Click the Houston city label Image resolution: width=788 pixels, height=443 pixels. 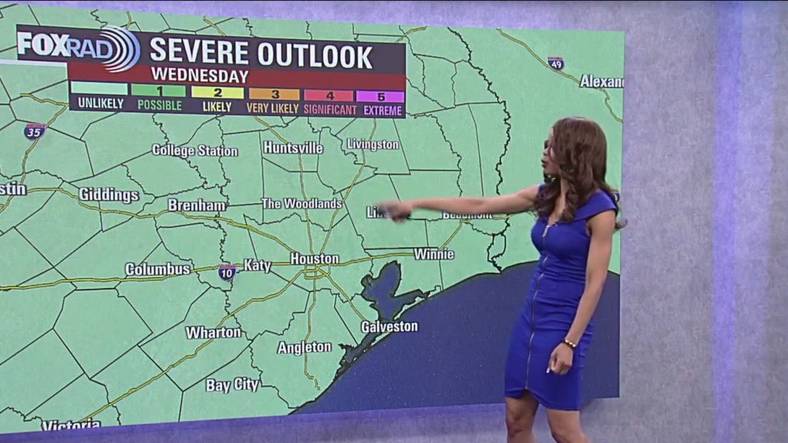314,258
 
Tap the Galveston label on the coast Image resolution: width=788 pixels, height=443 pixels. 389,326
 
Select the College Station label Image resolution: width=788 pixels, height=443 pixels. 195,151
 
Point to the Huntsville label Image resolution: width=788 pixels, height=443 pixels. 292,148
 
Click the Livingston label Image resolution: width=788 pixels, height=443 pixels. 373,144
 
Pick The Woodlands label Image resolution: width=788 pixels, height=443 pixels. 301,203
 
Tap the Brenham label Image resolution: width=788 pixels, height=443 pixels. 197,206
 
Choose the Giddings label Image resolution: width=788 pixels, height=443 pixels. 109,195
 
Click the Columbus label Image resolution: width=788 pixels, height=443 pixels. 157,269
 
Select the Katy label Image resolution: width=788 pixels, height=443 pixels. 257,266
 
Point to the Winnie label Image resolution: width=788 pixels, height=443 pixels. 433,254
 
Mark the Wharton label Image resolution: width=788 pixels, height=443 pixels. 213,332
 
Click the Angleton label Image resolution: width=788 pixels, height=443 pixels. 304,347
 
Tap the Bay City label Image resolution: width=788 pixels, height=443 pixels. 232,385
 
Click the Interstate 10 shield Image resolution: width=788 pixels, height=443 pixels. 226,272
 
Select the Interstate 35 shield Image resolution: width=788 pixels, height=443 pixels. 34,131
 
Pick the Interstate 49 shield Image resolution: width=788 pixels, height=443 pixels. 555,64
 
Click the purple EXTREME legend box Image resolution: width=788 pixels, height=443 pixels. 380,96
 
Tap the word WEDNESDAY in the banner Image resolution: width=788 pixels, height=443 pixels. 200,75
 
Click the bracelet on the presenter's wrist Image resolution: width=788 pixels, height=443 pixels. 569,343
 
